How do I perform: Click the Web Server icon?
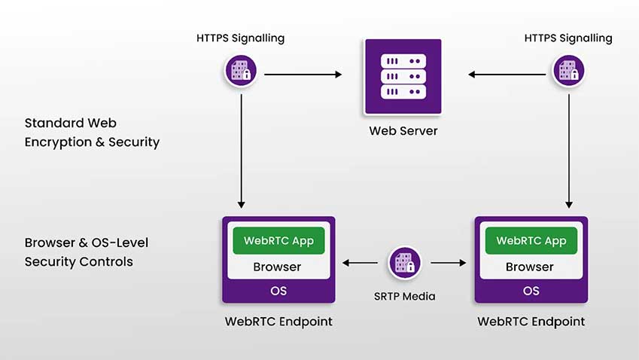tap(403, 76)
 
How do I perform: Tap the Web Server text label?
tap(403, 131)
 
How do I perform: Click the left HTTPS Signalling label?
tap(241, 38)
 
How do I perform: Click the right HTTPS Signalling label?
tap(568, 38)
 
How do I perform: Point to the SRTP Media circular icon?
tap(405, 263)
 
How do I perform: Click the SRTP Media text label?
tap(405, 296)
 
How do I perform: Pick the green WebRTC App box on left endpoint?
tap(278, 241)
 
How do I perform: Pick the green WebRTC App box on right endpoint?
tap(531, 241)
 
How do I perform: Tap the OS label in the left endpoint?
tap(278, 291)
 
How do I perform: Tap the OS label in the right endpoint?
tap(531, 291)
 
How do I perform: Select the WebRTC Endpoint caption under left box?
tap(278, 322)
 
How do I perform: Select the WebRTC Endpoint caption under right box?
tap(531, 322)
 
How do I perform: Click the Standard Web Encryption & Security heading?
tap(92, 132)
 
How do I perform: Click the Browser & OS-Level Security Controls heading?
tap(87, 252)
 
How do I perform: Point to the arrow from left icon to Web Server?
tap(303, 75)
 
